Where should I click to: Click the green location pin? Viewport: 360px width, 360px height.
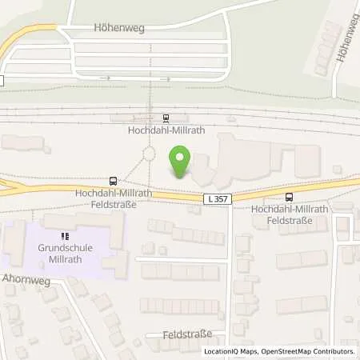[182, 162]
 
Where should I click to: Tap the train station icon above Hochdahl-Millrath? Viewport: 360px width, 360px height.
[166, 118]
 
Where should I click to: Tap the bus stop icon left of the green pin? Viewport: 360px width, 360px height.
[114, 182]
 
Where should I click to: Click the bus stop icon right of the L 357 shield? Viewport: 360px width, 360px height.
[289, 197]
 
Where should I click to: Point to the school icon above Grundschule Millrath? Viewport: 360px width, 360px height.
[63, 236]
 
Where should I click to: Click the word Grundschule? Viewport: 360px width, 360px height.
[63, 247]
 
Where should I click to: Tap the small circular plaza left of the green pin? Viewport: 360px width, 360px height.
[149, 154]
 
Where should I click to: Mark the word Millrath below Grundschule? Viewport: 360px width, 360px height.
[63, 258]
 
